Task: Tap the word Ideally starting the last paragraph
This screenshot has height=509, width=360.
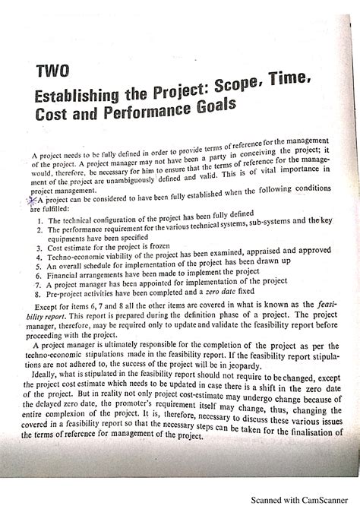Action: [52, 396]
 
